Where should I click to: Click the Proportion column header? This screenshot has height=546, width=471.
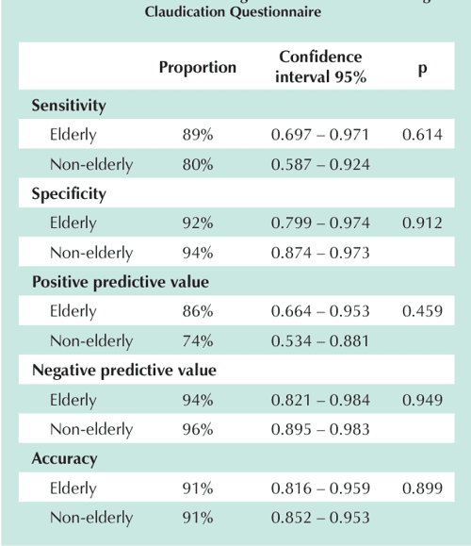pos(197,68)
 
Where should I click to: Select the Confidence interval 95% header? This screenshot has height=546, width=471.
pos(320,67)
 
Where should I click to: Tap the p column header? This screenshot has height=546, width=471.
pos(421,68)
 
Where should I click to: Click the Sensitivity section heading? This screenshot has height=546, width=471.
pos(69,106)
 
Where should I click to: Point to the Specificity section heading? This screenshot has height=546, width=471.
pos(69,193)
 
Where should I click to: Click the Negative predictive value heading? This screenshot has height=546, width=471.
pos(123,370)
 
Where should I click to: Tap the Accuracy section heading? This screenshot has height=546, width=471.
pos(64,458)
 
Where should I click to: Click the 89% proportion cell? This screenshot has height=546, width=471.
pos(198,136)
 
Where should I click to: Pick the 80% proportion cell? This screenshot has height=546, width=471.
pos(198,165)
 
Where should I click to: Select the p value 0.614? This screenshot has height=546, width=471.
pos(421,136)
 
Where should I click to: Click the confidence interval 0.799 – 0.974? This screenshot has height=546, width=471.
pos(320,223)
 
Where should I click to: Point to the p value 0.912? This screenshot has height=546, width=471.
pos(421,223)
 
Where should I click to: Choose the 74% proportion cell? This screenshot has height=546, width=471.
pos(198,341)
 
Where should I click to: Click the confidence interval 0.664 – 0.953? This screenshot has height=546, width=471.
pos(320,312)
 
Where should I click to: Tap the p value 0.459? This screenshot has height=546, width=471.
pos(421,312)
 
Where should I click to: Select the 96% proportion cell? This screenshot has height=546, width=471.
pos(198,429)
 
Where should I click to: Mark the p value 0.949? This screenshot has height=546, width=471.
pos(421,400)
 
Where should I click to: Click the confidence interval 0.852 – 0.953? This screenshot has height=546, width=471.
pos(320,518)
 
